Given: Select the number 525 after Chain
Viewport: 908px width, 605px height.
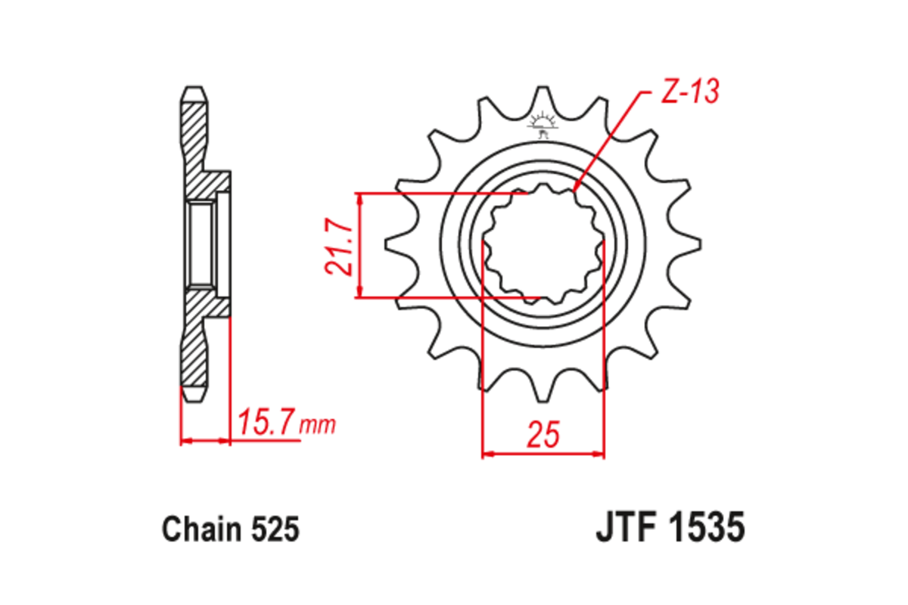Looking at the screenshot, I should [276, 529].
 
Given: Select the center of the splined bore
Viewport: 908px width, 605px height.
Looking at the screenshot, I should [543, 246].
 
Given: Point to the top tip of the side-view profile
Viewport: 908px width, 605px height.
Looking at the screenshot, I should [193, 88].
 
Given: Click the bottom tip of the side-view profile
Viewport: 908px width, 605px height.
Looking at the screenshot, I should [193, 399].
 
